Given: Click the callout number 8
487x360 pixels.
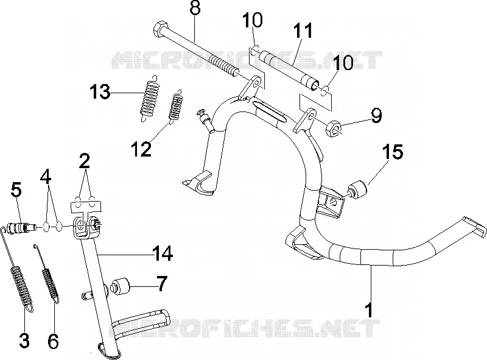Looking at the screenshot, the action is coord(195,8).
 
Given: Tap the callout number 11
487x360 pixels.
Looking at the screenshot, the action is coord(303,31).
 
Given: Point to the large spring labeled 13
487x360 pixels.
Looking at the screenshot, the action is coord(150,98).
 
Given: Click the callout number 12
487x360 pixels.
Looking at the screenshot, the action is coord(141,149).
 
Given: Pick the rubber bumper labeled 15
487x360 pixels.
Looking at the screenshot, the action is coord(357,189).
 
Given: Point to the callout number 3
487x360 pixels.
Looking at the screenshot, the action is coord(24,341).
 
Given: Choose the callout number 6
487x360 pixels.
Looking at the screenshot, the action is coord(53,341).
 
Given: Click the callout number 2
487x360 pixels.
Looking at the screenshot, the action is coord(85,161).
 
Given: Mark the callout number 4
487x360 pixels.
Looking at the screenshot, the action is coord(46,177).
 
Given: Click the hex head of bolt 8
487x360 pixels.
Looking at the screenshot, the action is coord(161,29).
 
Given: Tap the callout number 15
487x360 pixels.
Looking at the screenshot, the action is coord(393,152).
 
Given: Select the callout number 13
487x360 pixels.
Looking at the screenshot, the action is coord(100,92).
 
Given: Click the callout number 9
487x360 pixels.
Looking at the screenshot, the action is coord(376,115).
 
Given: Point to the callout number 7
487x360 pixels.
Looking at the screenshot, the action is coord(162,284).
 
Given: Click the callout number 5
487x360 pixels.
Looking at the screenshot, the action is coord(16,189).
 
